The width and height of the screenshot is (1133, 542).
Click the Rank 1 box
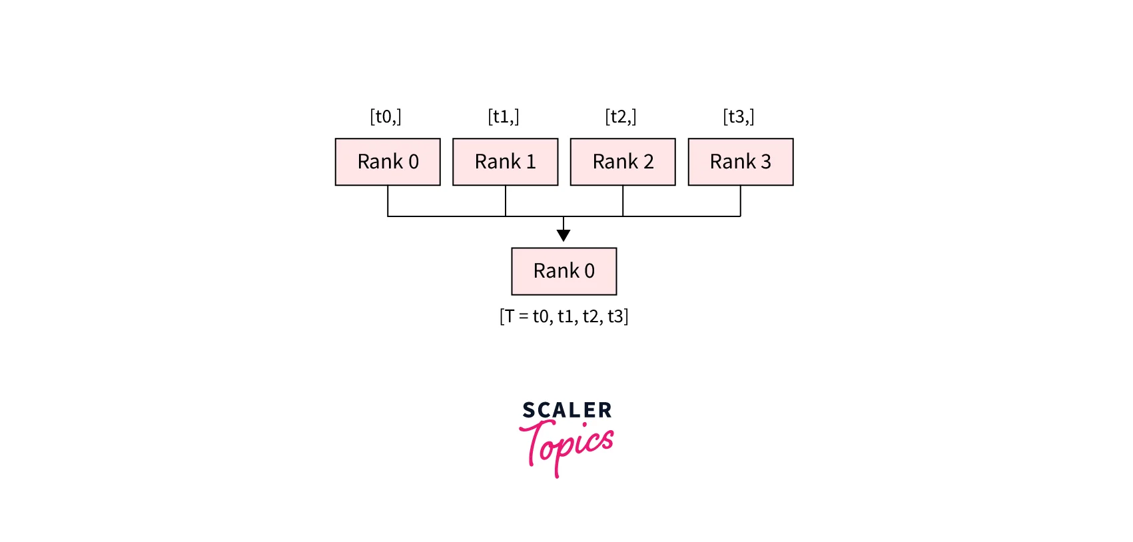[x=506, y=162]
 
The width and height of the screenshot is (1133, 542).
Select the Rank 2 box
[x=623, y=162]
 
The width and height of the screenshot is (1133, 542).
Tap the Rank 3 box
[x=741, y=162]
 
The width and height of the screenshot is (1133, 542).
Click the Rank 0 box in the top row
[x=388, y=162]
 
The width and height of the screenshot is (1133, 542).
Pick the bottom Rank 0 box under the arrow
[x=564, y=272]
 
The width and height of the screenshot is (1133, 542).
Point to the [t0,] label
[x=386, y=117]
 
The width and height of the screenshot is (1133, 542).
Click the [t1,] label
[x=504, y=117]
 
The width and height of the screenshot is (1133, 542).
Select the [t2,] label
[x=621, y=117]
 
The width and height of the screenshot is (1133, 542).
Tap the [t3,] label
[x=739, y=117]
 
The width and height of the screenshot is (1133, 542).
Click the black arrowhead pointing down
[x=564, y=235]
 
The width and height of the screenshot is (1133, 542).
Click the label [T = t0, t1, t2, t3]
[x=564, y=316]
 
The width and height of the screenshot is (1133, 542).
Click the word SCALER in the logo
[x=567, y=410]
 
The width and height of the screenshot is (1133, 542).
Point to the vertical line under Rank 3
[x=741, y=201]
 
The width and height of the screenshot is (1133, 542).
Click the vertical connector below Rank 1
[x=506, y=201]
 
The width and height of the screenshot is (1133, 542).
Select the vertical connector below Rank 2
[x=623, y=201]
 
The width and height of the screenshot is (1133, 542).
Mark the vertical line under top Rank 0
[x=388, y=201]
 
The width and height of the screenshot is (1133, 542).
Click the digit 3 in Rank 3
[x=766, y=162]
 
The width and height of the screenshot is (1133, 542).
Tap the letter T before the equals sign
[x=510, y=316]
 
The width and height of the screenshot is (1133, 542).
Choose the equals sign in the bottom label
[x=524, y=317]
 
